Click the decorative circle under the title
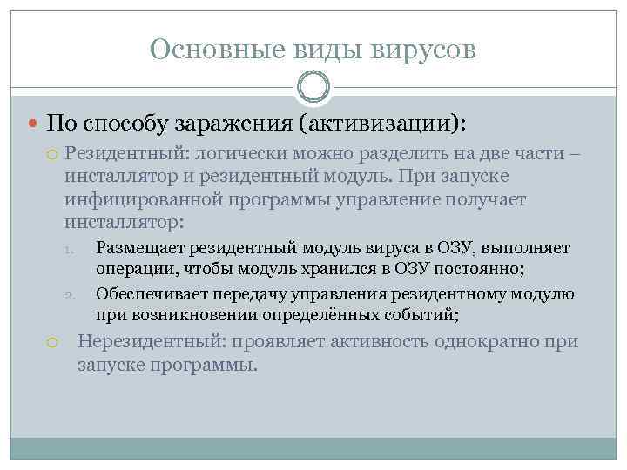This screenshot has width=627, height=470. [x=313, y=87]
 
